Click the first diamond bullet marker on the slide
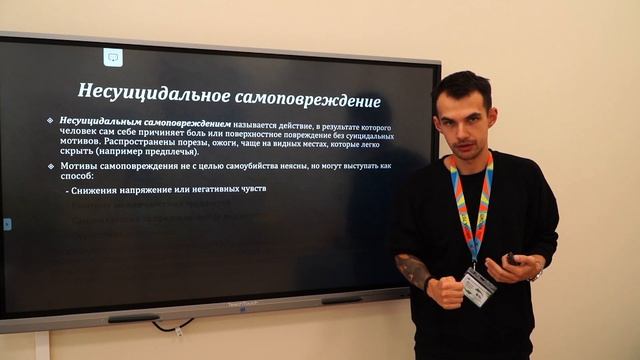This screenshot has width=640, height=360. [50, 121]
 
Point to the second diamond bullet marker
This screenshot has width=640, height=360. [50, 165]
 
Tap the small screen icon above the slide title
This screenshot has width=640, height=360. [113, 57]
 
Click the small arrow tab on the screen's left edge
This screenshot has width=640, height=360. [6, 225]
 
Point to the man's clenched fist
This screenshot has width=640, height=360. [446, 291]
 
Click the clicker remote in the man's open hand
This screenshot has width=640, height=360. [511, 258]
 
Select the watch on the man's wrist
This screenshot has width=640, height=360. [538, 272]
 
